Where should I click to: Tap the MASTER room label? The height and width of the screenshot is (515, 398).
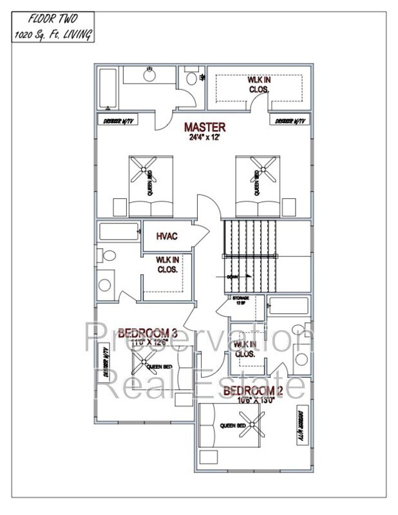coord(204,127)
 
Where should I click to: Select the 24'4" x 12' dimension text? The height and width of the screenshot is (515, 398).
coord(204,137)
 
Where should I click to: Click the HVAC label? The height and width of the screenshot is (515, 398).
coord(167,236)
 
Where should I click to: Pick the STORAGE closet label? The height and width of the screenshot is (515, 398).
coord(240,300)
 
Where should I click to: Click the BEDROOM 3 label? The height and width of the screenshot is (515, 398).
coord(148,333)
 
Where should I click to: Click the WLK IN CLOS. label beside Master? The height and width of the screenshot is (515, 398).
coord(259,85)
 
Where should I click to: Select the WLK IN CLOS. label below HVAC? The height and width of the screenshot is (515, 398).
coord(167,265)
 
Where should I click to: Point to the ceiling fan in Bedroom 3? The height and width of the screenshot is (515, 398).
coord(140,362)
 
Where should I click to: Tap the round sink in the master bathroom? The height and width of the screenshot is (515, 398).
coord(149,76)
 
